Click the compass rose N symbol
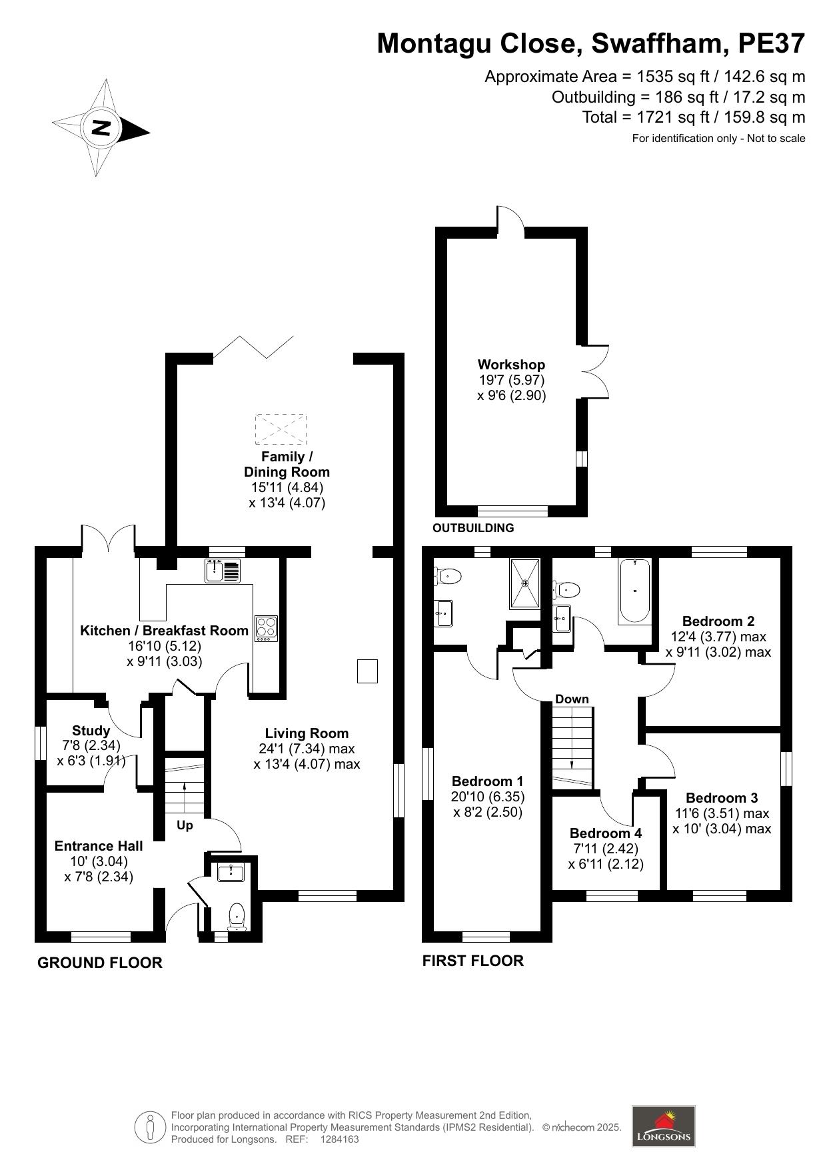(x=101, y=127)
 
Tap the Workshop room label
(x=511, y=365)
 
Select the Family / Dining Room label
(x=287, y=464)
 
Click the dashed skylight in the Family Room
(x=281, y=429)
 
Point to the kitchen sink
(x=223, y=571)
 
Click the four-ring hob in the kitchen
(x=266, y=629)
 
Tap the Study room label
(x=91, y=731)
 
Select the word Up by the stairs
(x=185, y=825)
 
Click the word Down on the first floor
(x=572, y=699)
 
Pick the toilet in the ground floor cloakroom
(x=237, y=917)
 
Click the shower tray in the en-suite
(x=526, y=583)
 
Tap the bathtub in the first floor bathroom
(x=634, y=591)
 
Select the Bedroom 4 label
(x=606, y=833)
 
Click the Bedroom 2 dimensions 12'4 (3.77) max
(x=718, y=637)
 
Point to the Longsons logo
(x=663, y=1126)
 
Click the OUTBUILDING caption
(x=473, y=528)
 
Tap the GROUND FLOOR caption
(x=100, y=963)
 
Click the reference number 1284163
(x=340, y=1139)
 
